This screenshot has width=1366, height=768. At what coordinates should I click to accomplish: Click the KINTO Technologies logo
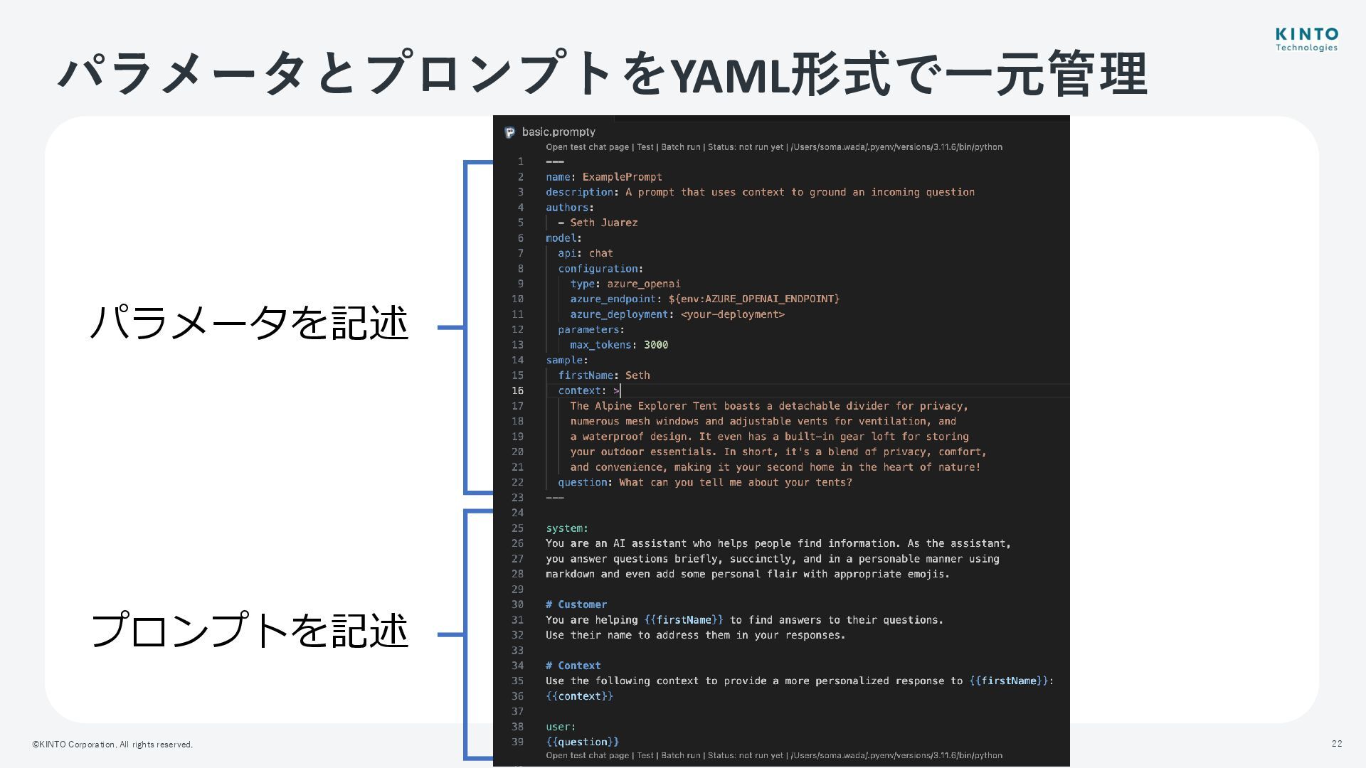tap(1306, 40)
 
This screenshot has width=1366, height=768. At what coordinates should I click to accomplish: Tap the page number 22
tap(1337, 744)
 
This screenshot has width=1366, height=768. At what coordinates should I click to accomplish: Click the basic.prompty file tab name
tap(558, 132)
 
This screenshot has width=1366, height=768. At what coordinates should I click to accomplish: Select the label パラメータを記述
tap(249, 323)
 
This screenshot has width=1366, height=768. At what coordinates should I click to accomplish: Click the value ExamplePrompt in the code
tap(622, 177)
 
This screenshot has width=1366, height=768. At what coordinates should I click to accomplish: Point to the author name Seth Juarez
tap(603, 223)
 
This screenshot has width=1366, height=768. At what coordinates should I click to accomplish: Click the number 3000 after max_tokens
tap(655, 345)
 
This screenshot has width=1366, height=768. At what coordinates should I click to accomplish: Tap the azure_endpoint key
tap(613, 299)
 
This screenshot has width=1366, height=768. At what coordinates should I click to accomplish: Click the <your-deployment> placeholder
tap(732, 314)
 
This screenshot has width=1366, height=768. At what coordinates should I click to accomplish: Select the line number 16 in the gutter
tap(517, 390)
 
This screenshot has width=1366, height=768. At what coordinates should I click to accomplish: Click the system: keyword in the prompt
tap(566, 528)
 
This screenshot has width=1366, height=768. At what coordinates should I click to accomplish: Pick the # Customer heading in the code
tap(576, 604)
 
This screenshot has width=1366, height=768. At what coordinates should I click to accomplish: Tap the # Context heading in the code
tap(573, 666)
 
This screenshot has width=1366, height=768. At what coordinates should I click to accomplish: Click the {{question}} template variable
tap(582, 742)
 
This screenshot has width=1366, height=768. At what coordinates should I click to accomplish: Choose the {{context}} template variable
tap(579, 696)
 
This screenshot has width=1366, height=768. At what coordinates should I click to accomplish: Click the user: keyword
tap(561, 727)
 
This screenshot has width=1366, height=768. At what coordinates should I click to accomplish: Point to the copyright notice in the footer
tap(112, 745)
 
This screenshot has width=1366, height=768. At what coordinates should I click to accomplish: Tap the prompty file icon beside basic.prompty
tap(509, 133)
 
